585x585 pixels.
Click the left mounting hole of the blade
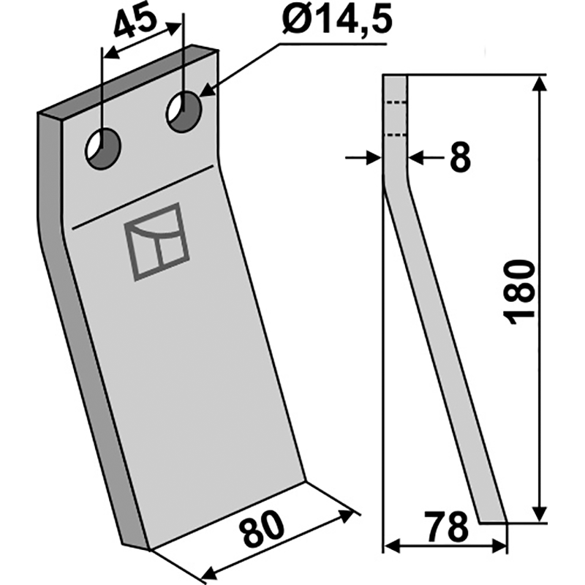[x=103, y=148]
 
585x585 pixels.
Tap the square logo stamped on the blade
[x=157, y=242]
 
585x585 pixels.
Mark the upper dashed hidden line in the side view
[x=396, y=102]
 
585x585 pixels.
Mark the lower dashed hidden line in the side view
[x=396, y=135]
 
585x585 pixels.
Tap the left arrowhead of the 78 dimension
[x=391, y=546]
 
